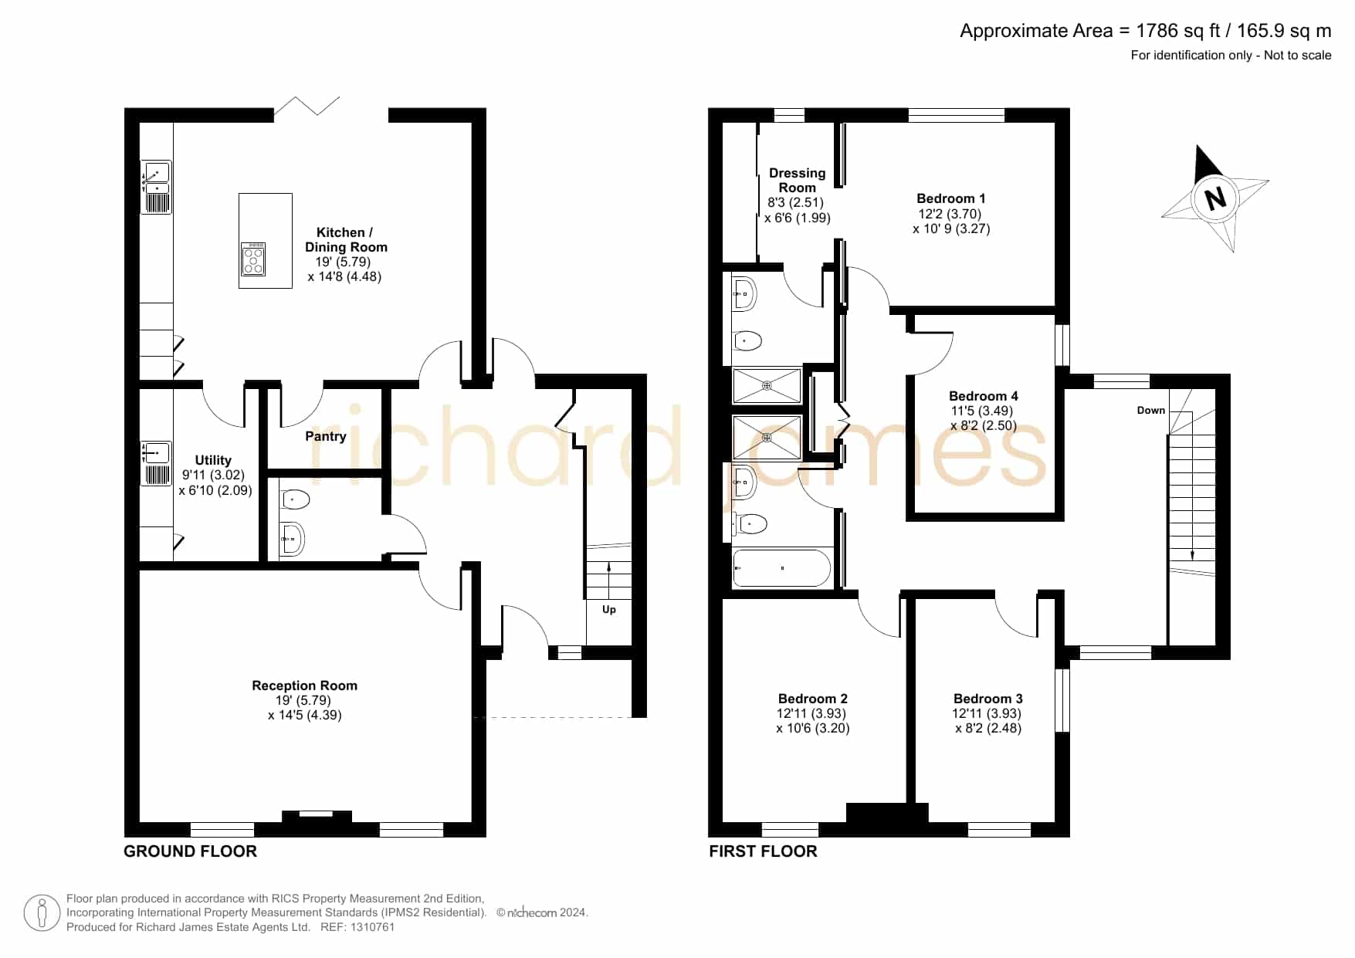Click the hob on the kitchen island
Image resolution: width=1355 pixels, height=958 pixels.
(x=254, y=259)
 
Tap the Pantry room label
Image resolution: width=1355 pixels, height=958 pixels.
(x=325, y=436)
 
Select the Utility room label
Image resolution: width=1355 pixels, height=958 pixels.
(x=213, y=460)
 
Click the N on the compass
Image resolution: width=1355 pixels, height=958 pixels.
(x=1215, y=198)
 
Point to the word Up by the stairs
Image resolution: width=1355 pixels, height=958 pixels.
(x=609, y=610)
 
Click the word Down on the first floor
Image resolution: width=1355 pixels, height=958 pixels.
(x=1150, y=410)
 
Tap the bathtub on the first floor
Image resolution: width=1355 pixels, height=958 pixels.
(x=781, y=568)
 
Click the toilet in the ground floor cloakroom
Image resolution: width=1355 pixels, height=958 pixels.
(x=294, y=500)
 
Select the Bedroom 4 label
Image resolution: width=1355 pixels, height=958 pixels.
(x=984, y=396)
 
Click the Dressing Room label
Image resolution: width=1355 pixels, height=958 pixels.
(x=797, y=180)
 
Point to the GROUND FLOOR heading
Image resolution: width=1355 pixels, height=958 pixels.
(x=190, y=851)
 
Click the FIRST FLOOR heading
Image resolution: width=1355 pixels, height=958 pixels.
(x=763, y=851)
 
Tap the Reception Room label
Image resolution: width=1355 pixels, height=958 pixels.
(x=304, y=685)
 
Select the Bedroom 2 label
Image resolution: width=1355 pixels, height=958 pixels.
(x=813, y=699)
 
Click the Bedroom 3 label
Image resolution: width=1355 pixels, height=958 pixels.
(x=988, y=699)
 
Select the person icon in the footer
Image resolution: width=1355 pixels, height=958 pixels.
(x=42, y=913)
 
